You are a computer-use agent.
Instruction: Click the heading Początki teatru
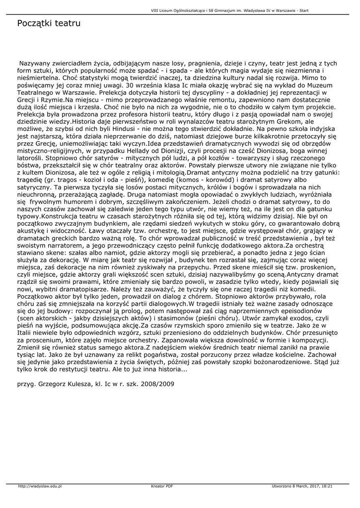[x=49, y=23]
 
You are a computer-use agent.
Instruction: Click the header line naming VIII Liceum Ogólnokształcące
[x=253, y=9]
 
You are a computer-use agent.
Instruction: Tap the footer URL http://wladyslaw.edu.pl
[x=40, y=486]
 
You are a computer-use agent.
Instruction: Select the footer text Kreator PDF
[x=162, y=486]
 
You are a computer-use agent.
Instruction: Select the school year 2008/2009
[x=157, y=383]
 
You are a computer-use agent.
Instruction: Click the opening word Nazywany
[x=35, y=63]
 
